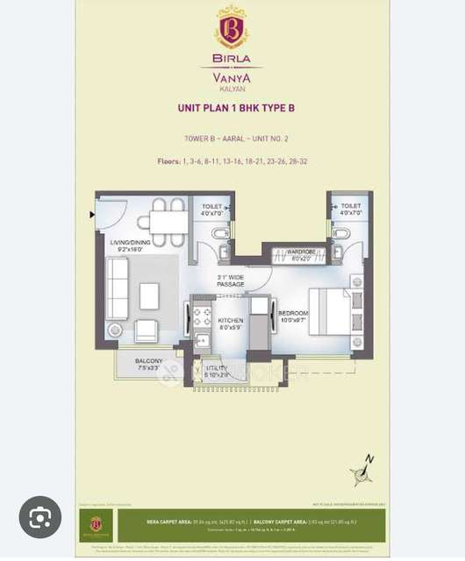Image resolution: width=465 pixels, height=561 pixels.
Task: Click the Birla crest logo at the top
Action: coord(232,29)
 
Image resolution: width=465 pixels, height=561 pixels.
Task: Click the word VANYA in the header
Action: coord(232,76)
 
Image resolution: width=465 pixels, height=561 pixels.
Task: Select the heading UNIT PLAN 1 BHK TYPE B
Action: coord(232,110)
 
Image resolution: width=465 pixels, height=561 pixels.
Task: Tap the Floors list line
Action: coord(232,161)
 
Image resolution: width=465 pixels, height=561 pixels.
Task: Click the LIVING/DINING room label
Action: coord(132,245)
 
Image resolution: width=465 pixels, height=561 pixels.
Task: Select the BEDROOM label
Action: coord(292,316)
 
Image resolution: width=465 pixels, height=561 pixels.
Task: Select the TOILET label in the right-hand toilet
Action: coord(350,207)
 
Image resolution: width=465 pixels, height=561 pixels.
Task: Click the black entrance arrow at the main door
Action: coord(92,213)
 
